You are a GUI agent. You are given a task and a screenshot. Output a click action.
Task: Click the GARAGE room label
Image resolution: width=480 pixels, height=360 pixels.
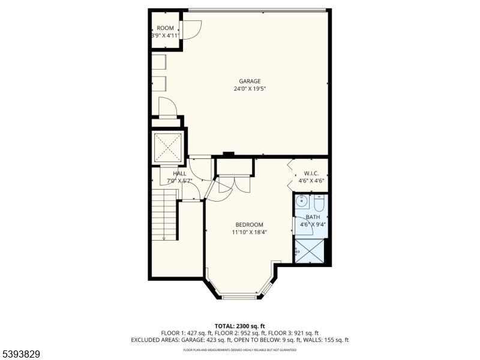coord(250,81)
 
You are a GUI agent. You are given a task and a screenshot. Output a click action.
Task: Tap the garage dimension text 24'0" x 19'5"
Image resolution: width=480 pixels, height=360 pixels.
coord(250,89)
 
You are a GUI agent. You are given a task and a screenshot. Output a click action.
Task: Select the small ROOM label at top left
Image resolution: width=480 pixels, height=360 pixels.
coord(165,28)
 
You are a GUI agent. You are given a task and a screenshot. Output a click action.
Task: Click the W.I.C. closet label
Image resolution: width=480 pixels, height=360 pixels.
coord(311,173)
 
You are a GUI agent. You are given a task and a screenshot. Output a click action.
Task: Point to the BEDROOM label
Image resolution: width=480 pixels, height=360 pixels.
coord(249,224)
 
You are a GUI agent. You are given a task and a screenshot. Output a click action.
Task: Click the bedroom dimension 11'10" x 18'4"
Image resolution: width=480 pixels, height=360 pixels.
coord(249,232)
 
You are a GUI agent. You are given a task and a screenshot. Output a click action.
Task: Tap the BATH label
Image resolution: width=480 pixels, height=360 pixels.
coord(313,217)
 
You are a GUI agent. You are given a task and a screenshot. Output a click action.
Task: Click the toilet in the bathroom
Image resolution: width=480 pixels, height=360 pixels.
coord(319,203)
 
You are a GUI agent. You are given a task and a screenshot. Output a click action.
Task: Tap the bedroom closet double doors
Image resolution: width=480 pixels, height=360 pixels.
coord(233,184)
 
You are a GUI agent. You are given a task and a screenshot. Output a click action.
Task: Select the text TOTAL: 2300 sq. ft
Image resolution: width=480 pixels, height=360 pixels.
coord(239,326)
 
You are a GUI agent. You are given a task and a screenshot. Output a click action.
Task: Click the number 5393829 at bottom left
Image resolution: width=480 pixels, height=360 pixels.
coord(20,354)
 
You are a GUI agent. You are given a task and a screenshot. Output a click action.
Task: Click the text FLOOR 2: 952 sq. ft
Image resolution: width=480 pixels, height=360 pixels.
coord(239,333)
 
